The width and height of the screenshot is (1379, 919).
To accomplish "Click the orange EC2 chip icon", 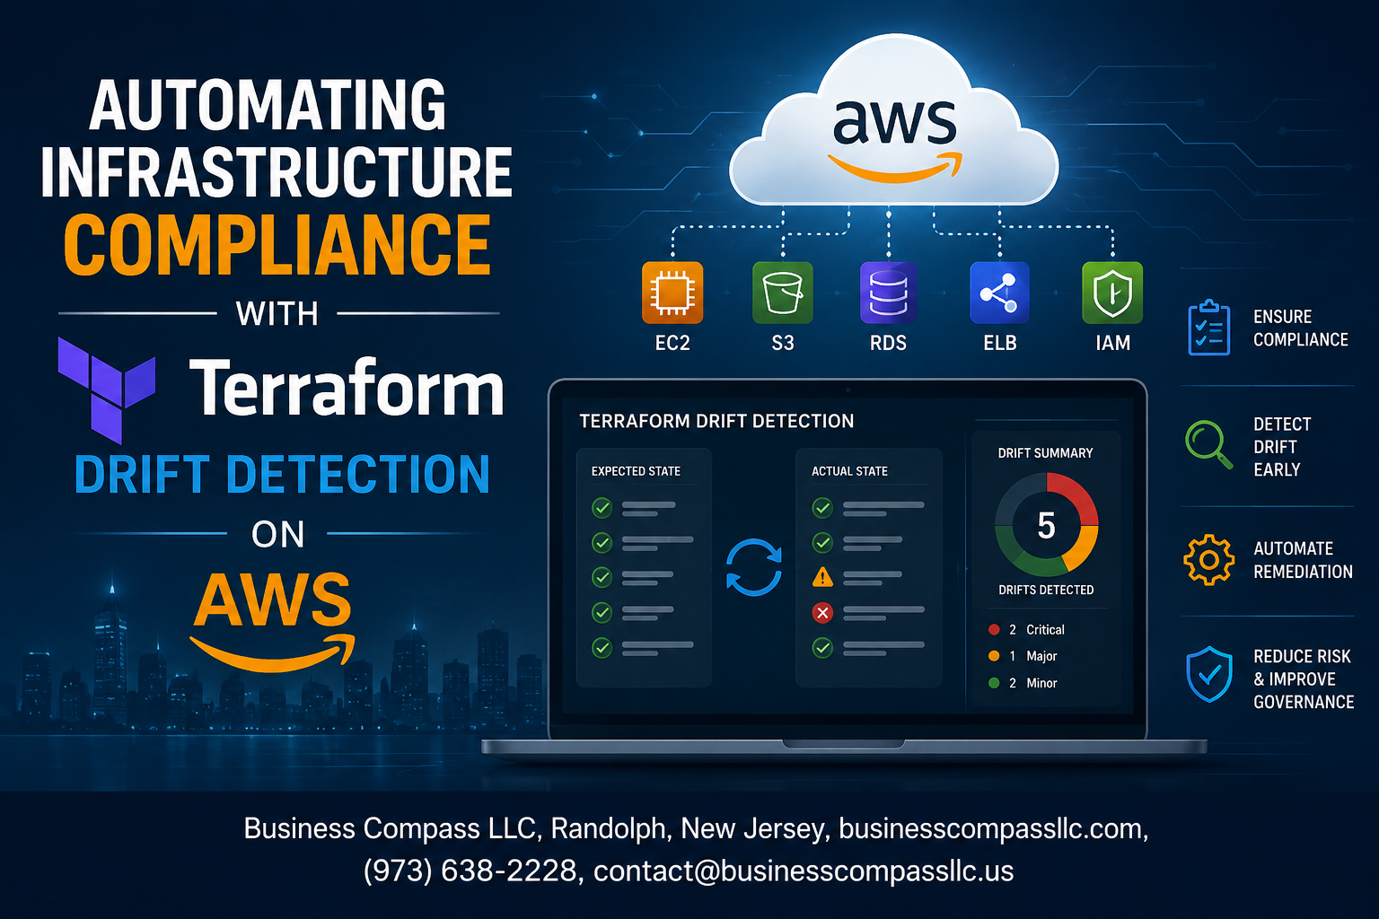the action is tap(672, 293).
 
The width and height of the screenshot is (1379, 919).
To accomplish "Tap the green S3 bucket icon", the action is tap(783, 293).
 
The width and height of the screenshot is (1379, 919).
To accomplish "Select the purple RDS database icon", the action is tap(888, 293).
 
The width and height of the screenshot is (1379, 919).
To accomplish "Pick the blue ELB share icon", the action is tap(999, 293).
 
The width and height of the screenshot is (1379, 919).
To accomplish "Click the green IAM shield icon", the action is tap(1112, 293).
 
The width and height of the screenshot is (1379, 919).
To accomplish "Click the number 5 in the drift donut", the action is tap(1046, 526).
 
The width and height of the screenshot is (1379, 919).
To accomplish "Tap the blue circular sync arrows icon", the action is tap(753, 567).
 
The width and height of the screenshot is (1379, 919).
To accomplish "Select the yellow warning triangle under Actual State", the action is tap(822, 577).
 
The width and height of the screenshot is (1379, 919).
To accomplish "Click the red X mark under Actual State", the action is tap(822, 612).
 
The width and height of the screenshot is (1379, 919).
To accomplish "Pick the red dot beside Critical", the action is tap(994, 630).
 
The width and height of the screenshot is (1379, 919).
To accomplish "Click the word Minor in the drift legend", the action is tap(1041, 683).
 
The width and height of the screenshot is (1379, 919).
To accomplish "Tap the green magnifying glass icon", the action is tap(1208, 444).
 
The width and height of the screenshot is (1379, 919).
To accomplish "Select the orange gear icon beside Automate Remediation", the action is tap(1208, 559).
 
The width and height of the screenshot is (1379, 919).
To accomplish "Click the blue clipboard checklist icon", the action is tap(1208, 328).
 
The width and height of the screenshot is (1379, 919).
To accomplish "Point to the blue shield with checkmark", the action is tap(1209, 674).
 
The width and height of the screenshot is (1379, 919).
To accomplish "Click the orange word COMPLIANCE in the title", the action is tap(277, 244).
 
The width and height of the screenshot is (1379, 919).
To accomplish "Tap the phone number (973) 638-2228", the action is tap(470, 871).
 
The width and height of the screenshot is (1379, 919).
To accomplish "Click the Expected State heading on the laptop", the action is tap(636, 471).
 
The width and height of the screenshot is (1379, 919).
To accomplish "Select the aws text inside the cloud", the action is tap(894, 122).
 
